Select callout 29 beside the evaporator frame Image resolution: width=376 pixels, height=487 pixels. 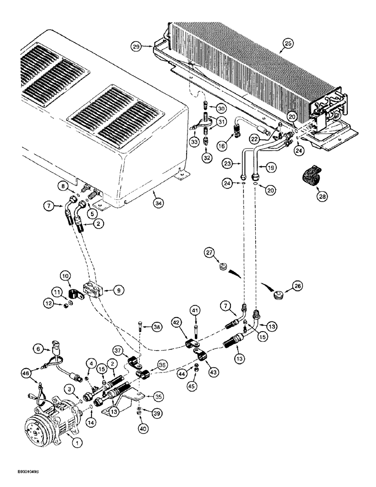136,47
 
